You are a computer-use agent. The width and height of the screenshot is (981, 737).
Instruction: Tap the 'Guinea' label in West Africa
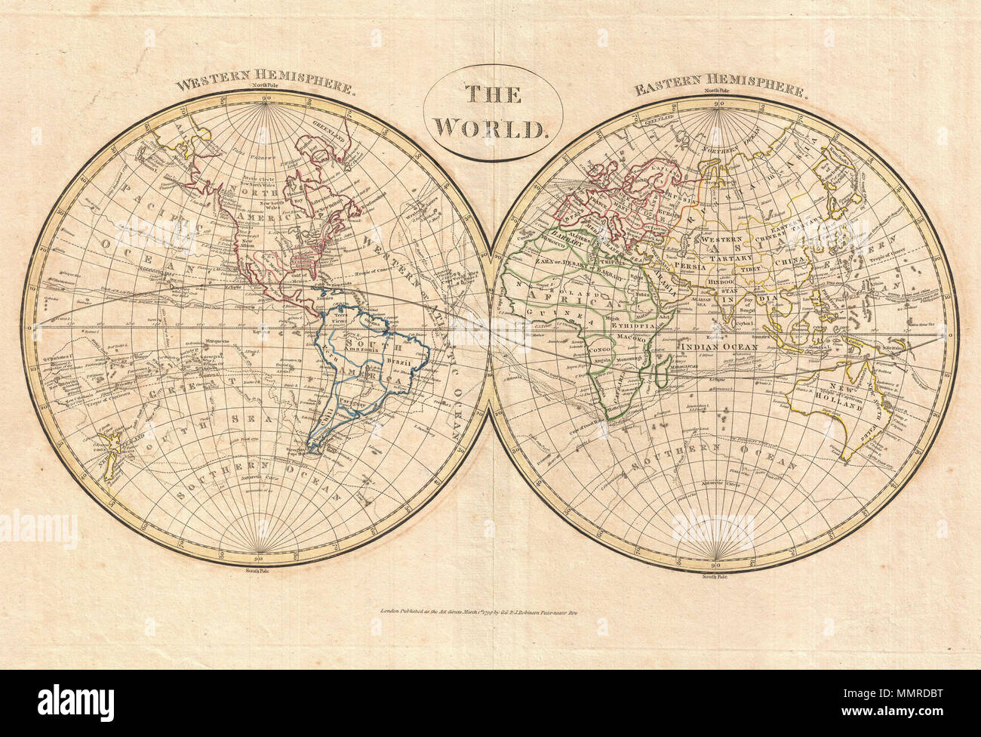tap(549, 313)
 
